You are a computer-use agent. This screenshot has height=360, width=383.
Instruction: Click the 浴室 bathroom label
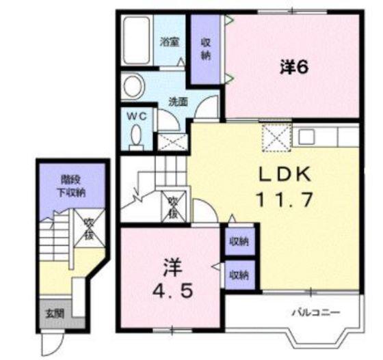click(x=170, y=42)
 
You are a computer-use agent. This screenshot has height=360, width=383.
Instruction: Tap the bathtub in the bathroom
click(x=136, y=40)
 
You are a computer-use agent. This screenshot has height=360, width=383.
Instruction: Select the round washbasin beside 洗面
click(x=133, y=86)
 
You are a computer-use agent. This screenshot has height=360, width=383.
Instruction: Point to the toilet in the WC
click(x=136, y=137)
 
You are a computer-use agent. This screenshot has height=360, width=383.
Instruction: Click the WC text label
click(x=137, y=116)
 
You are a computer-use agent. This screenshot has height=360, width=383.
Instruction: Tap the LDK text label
click(x=285, y=174)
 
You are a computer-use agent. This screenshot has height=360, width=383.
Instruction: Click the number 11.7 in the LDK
click(x=284, y=199)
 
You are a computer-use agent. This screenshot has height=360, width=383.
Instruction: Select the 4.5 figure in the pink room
click(x=172, y=291)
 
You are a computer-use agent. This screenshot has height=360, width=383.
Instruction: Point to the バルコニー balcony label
click(x=316, y=312)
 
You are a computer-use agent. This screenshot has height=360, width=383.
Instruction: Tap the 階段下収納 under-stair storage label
click(x=71, y=186)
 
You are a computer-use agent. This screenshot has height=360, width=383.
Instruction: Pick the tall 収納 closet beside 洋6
click(x=205, y=49)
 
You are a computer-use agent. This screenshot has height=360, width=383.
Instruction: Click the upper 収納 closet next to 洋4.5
click(x=239, y=241)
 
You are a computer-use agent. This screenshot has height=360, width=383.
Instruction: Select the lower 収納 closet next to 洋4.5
click(x=239, y=275)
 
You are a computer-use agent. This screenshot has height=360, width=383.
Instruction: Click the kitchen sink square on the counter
click(x=306, y=137)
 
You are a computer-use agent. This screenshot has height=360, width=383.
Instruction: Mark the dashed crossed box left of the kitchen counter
click(x=277, y=138)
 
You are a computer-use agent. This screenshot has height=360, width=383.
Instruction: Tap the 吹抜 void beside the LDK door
click(x=174, y=207)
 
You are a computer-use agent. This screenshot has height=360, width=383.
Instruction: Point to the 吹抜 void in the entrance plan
click(x=90, y=228)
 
